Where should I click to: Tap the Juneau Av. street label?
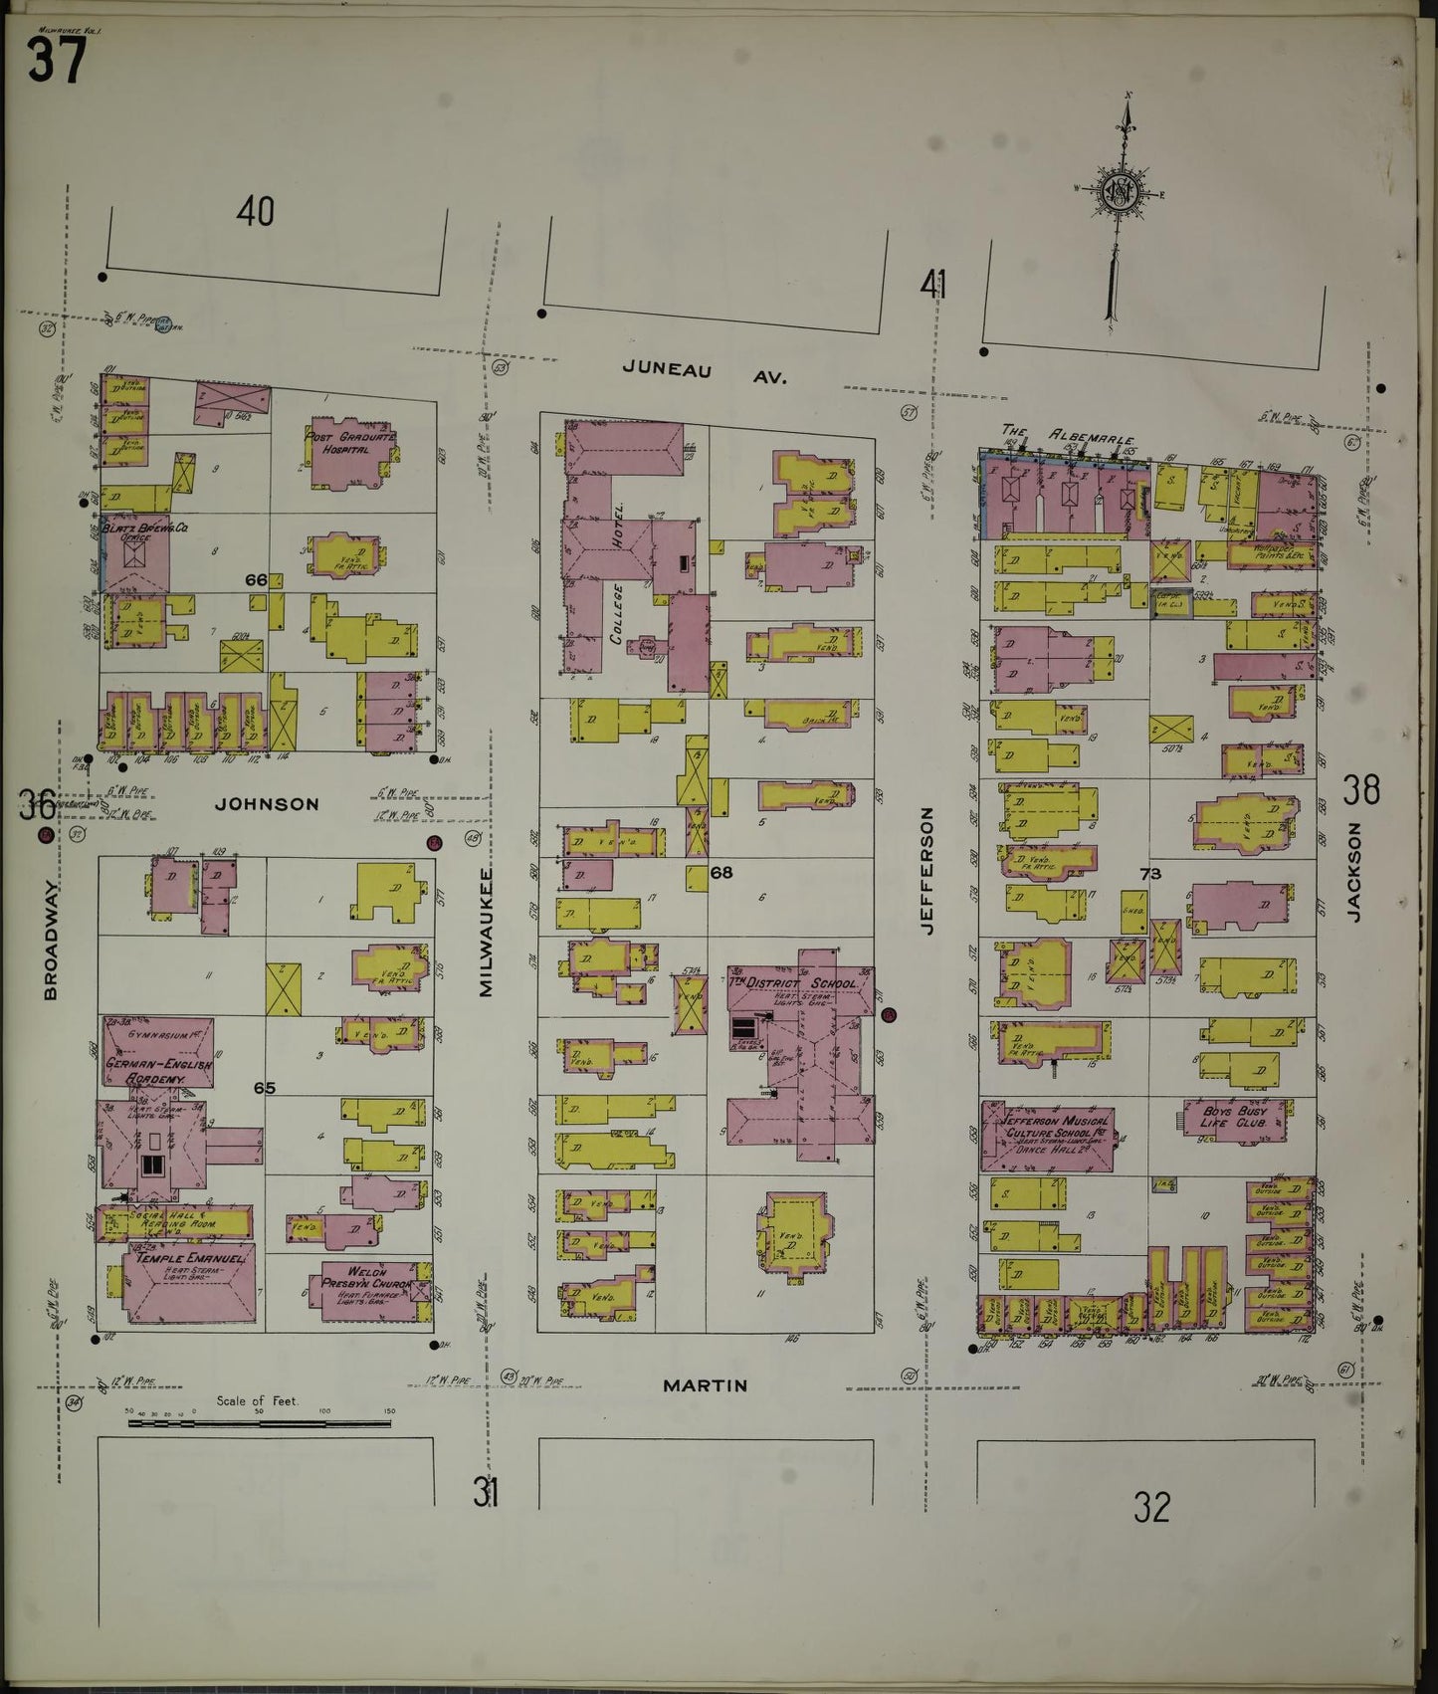coord(704,371)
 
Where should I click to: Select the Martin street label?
coord(705,1384)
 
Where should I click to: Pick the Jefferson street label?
coord(927,870)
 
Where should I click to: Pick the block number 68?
coord(721,873)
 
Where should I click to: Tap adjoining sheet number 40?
coord(255,211)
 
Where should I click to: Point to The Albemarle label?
coord(1071,435)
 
